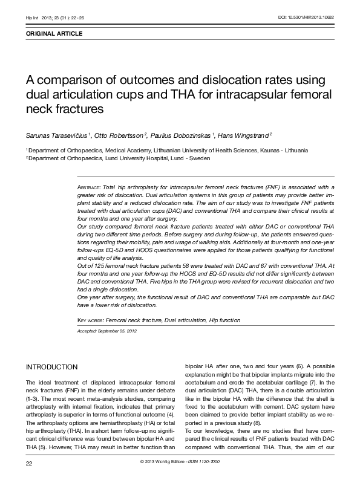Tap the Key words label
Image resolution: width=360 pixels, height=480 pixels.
[x=90, y=319]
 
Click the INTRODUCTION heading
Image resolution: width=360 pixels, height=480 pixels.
[x=51, y=367]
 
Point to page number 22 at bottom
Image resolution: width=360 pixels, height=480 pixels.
[x=28, y=463]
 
